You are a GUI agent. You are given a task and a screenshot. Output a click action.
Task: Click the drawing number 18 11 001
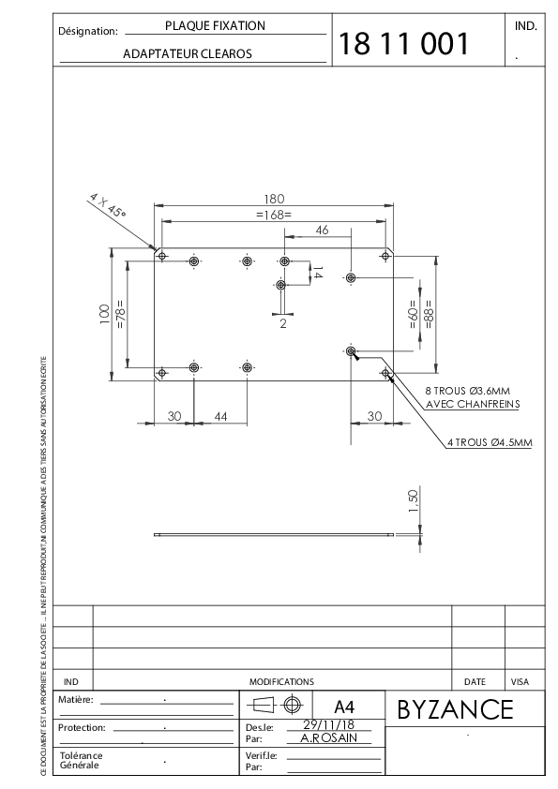[x=404, y=43]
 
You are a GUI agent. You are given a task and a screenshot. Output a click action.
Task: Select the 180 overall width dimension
[x=274, y=199]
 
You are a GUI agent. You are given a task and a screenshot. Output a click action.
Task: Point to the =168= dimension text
[x=274, y=215]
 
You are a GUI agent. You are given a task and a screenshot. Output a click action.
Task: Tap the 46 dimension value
[x=322, y=230]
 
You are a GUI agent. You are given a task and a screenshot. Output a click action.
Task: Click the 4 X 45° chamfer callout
[x=107, y=205]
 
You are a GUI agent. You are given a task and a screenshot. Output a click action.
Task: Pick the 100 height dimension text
[x=105, y=314]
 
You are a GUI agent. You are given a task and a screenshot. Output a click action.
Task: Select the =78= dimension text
[x=120, y=315]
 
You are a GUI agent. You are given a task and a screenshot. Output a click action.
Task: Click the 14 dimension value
[x=317, y=273]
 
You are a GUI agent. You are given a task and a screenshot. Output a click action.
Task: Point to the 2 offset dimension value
[x=283, y=323]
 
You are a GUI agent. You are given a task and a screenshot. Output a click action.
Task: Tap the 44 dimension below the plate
[x=220, y=416]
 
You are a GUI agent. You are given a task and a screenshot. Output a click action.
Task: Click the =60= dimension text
[x=413, y=314]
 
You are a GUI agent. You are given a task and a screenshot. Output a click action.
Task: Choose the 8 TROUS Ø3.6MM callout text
[x=467, y=391]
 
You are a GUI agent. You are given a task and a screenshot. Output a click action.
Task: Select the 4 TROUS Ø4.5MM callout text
[x=490, y=442]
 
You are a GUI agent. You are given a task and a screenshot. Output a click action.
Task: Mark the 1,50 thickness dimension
[x=413, y=501]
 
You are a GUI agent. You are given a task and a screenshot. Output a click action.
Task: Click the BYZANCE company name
[x=455, y=709]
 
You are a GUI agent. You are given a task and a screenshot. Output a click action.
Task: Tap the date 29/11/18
[x=329, y=724]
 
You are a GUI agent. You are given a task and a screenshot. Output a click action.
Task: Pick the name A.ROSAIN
[x=329, y=737]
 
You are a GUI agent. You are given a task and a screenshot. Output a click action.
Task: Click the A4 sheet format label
[x=344, y=707]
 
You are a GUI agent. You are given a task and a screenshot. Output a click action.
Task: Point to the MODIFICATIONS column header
[x=281, y=682]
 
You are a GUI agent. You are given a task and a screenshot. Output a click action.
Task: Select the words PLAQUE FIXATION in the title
[x=215, y=25]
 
